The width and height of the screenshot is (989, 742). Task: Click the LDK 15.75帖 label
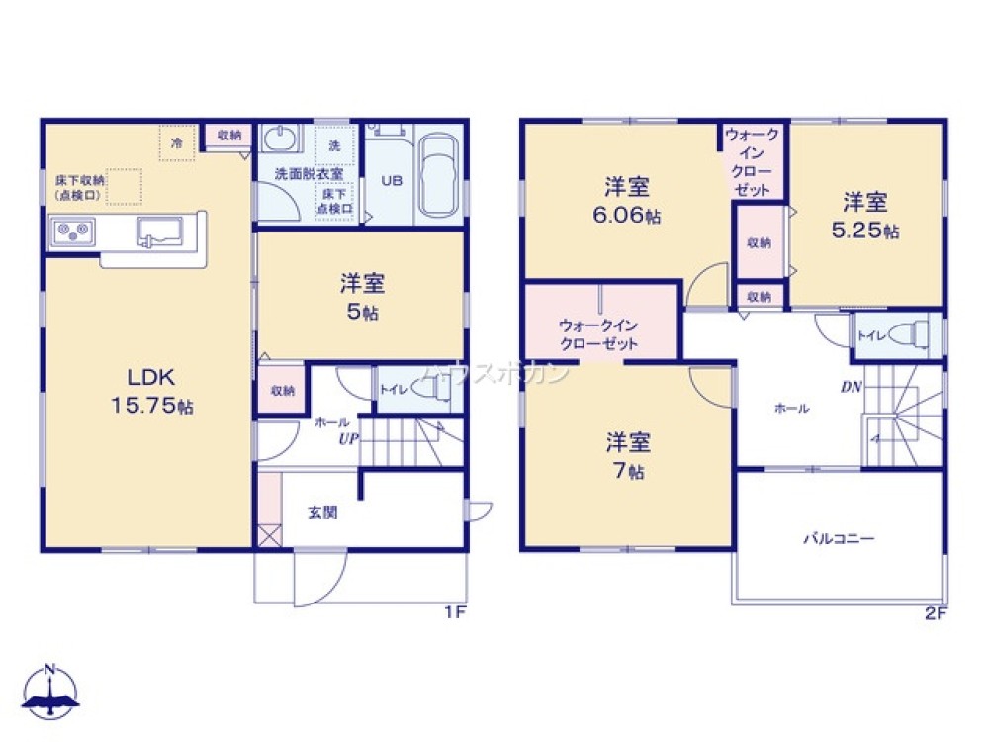coord(149,392)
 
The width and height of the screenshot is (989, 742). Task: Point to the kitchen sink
coord(159,232)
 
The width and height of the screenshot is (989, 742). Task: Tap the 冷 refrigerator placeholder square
coord(177,143)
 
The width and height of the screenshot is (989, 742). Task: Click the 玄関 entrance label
coord(322,512)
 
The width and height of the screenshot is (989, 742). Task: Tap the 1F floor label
coord(454,612)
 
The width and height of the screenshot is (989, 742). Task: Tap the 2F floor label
coord(936,612)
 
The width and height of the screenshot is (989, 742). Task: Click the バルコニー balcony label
coord(838,540)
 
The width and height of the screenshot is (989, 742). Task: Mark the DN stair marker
coord(852,388)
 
